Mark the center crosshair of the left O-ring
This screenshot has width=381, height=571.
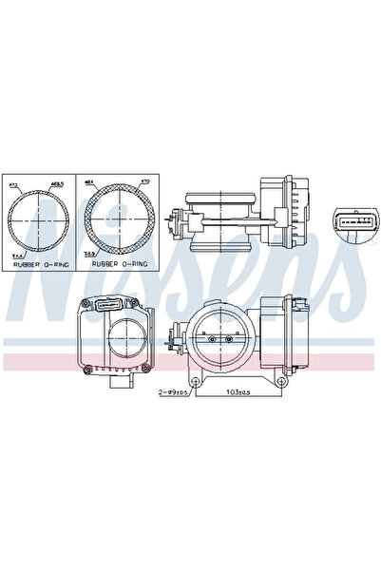pyautogui.click(x=38, y=220)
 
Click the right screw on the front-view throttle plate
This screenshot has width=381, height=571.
pyautogui.click(x=229, y=336)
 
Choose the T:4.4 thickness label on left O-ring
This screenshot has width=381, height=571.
pyautogui.click(x=15, y=255)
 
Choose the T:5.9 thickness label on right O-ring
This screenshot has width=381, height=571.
pyautogui.click(x=90, y=255)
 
